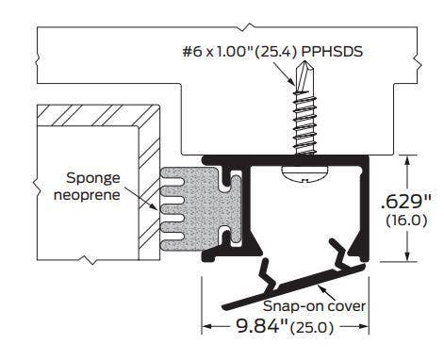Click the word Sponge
(93, 179)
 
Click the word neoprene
(87, 195)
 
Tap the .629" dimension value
(405, 202)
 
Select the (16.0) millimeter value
(406, 221)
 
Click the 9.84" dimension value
(262, 326)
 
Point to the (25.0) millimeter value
(312, 328)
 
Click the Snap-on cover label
(314, 306)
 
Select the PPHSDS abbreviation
(332, 52)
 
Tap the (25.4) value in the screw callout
(275, 52)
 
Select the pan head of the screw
(304, 173)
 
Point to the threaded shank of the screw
(304, 123)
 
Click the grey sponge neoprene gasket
(201, 208)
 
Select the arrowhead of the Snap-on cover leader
(321, 287)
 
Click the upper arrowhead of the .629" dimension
(407, 161)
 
